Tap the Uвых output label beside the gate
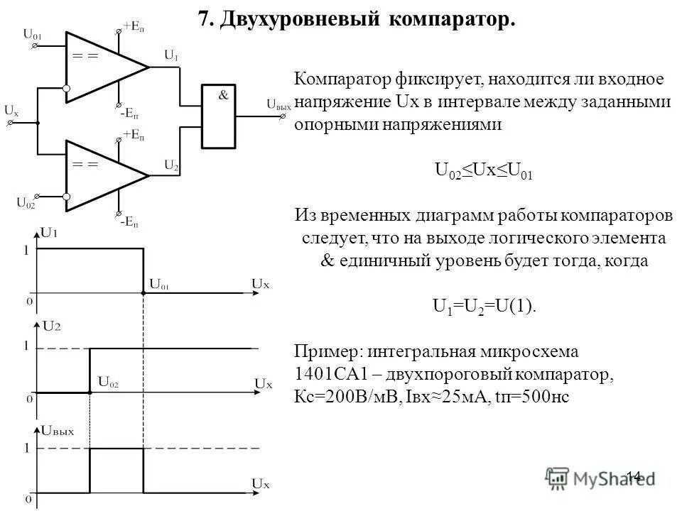[x=278, y=104]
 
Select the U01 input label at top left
[x=32, y=33]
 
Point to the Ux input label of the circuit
[x=11, y=111]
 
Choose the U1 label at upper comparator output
[x=171, y=55]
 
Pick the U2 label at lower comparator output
[x=171, y=165]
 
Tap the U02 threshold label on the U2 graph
[x=108, y=383]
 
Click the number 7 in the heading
[x=205, y=19]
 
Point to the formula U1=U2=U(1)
[x=485, y=307]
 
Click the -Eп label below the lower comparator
[x=129, y=222]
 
